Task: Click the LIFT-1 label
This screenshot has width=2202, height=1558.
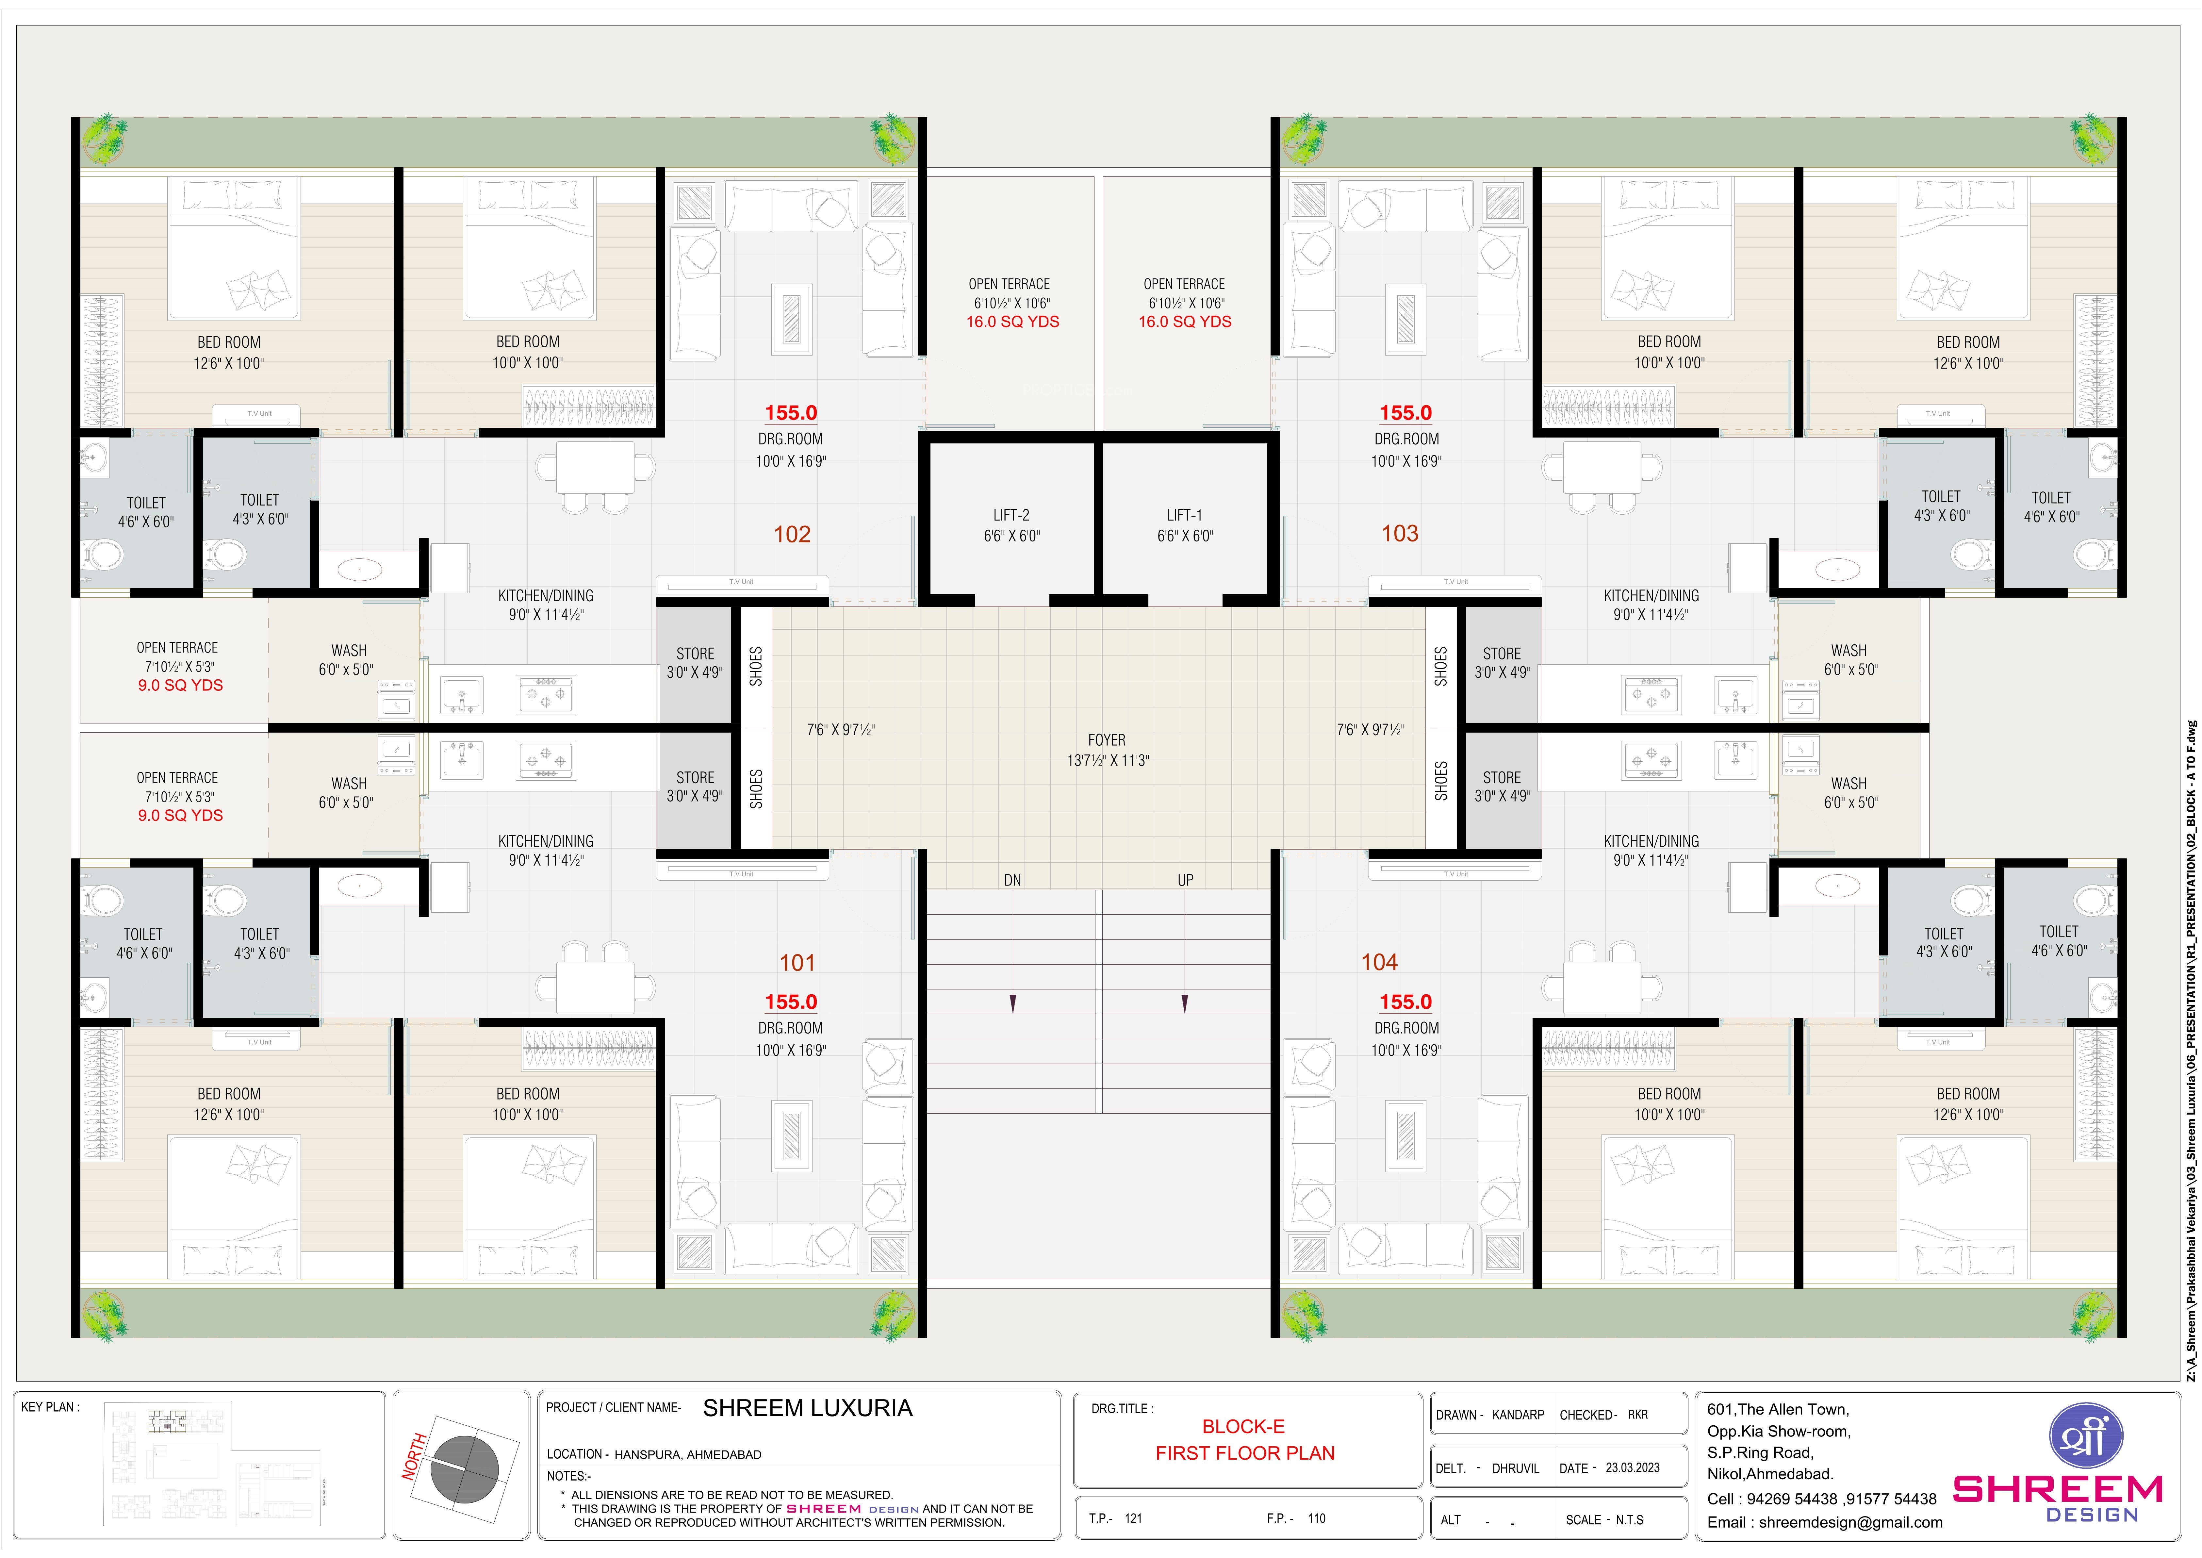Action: pyautogui.click(x=1184, y=515)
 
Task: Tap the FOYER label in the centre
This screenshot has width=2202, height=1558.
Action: pyautogui.click(x=1107, y=740)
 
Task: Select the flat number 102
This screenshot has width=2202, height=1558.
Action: pyautogui.click(x=792, y=534)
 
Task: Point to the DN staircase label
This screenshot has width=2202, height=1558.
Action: pyautogui.click(x=1013, y=880)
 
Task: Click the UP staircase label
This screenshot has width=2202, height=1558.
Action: pyautogui.click(x=1185, y=880)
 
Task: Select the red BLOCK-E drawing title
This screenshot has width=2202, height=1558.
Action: pyautogui.click(x=1244, y=1427)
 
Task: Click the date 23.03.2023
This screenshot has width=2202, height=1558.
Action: pyautogui.click(x=1632, y=1468)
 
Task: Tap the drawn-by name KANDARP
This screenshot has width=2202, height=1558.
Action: pyautogui.click(x=1518, y=1415)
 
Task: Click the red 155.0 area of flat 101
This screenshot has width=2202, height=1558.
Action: pyautogui.click(x=791, y=1002)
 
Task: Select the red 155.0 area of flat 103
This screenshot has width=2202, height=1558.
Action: pyautogui.click(x=1406, y=412)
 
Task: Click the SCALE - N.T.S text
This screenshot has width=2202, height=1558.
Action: pyautogui.click(x=1604, y=1520)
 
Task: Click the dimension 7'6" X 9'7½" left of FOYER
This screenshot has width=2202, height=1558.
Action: pyautogui.click(x=841, y=730)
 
